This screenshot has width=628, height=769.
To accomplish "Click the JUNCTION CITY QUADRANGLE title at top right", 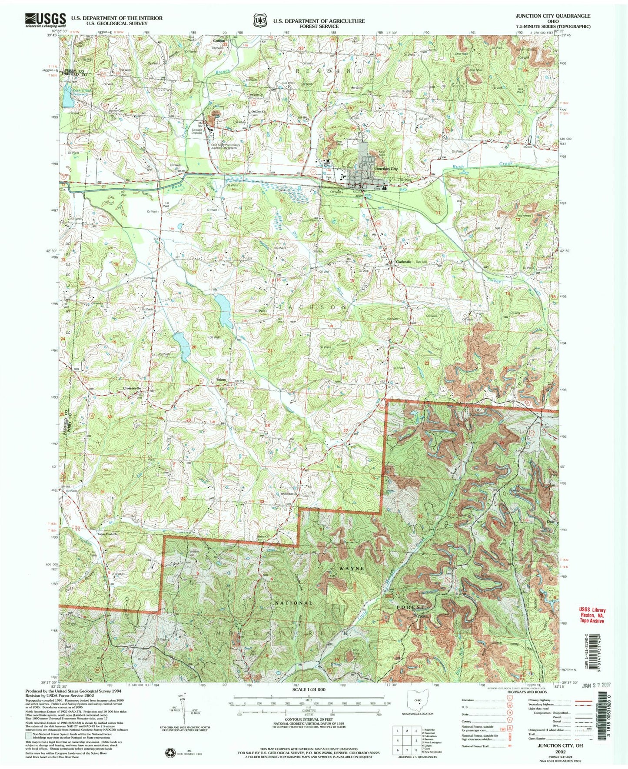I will tap(552, 16).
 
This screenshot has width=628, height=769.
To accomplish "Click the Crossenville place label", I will tap(135, 388).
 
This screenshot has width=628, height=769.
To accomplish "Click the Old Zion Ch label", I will tap(258, 111).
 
